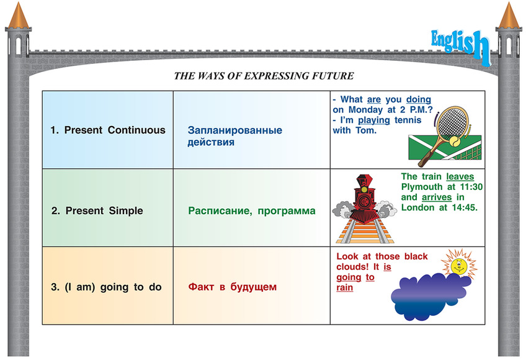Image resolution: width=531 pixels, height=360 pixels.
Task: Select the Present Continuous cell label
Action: pyautogui.click(x=108, y=130)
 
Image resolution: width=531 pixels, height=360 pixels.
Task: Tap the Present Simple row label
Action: pyautogui.click(x=97, y=210)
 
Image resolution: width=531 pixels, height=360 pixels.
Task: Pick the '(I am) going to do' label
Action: pyautogui.click(x=106, y=287)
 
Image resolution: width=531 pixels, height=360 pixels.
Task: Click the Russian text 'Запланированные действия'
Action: pyautogui.click(x=235, y=136)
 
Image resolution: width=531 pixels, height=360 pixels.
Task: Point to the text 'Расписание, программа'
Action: pyautogui.click(x=252, y=211)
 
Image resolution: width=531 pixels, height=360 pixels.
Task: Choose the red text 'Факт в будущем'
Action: pyautogui.click(x=232, y=287)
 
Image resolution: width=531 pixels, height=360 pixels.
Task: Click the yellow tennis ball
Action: pyautogui.click(x=455, y=142)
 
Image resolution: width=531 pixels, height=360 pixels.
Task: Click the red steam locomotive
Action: pyautogui.click(x=364, y=199)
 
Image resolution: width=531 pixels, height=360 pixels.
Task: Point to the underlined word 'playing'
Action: pyautogui.click(x=374, y=120)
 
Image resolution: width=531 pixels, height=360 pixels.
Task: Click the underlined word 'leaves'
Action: pyautogui.click(x=460, y=177)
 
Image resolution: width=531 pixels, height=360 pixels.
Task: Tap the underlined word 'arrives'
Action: pyautogui.click(x=437, y=197)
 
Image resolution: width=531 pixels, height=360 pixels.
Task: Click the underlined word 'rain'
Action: pyautogui.click(x=344, y=288)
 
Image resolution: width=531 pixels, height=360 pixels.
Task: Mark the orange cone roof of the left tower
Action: pyautogui.click(x=18, y=16)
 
